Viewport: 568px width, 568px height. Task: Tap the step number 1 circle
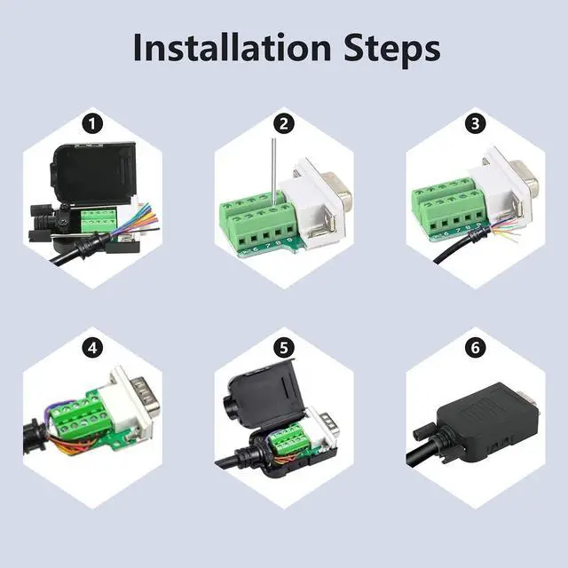point(91,122)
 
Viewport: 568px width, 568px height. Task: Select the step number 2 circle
point(283,122)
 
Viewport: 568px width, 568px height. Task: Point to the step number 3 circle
point(476,122)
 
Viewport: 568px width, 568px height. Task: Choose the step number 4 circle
point(91,348)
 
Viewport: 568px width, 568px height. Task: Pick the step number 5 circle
point(283,348)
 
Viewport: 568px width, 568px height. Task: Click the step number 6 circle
point(476,348)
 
